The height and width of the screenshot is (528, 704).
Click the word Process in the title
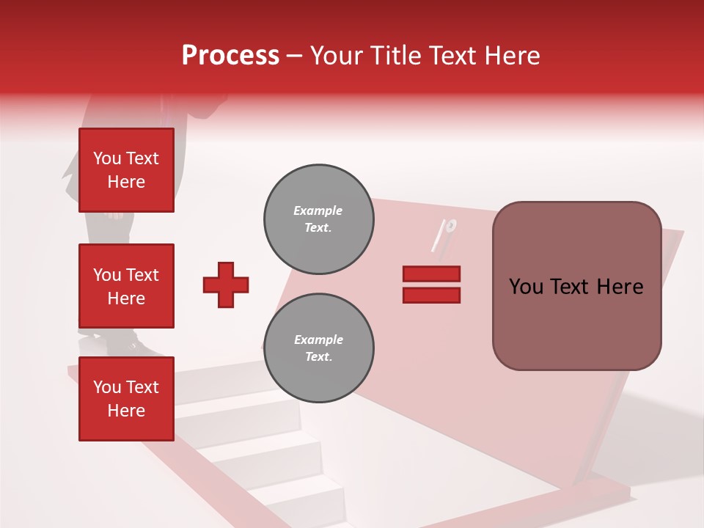[230, 55]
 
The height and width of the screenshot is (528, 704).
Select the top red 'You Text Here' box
[126, 170]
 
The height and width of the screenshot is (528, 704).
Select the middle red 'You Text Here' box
[126, 286]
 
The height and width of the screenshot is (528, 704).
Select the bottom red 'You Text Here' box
[126, 399]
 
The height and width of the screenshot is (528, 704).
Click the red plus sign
[226, 285]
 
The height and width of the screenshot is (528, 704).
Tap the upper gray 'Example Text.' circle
[319, 219]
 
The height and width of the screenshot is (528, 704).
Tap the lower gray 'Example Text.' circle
[319, 348]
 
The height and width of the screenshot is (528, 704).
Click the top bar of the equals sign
[431, 274]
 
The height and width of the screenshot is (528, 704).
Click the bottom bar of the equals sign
[431, 295]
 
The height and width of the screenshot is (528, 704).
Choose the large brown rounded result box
[576, 286]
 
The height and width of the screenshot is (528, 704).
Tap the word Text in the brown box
[572, 287]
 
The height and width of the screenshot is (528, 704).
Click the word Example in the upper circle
[318, 210]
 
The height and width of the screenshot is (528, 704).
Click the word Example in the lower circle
[318, 340]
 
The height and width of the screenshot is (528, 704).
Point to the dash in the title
[295, 56]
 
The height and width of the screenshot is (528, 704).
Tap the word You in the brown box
[527, 287]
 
